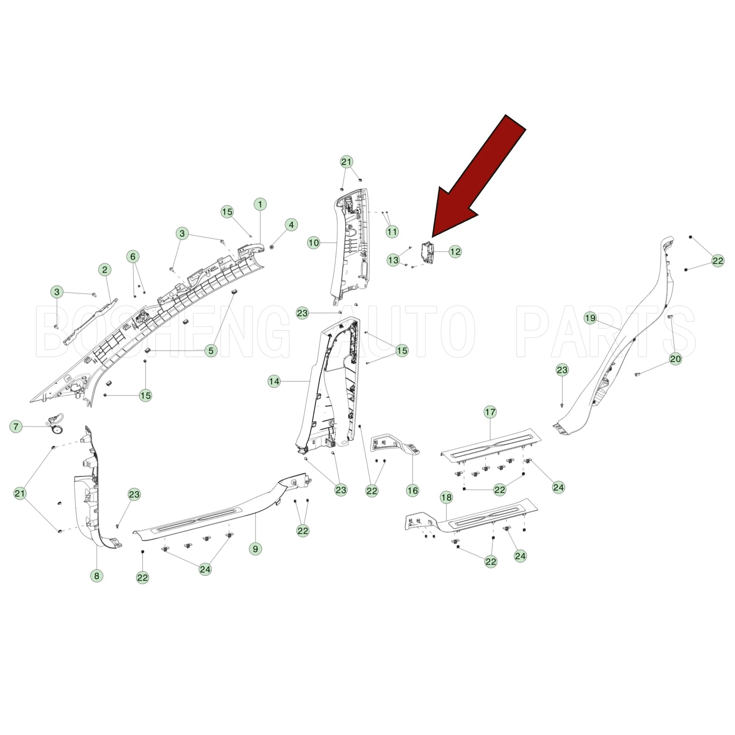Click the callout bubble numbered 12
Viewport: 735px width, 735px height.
(x=455, y=251)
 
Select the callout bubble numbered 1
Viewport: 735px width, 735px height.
(x=260, y=204)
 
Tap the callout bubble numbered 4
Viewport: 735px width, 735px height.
(x=291, y=225)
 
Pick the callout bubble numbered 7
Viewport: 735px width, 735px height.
(x=16, y=427)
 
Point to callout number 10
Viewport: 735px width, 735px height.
(x=314, y=243)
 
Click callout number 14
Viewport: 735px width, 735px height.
(x=274, y=381)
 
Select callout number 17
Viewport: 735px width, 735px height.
(x=490, y=412)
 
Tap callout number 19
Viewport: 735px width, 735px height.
(x=590, y=318)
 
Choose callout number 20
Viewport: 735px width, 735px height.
(x=675, y=359)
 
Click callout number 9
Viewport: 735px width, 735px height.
(x=255, y=549)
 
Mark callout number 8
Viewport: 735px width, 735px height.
(x=97, y=576)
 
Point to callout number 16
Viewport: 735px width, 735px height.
(x=412, y=491)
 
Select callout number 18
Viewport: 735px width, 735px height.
(x=446, y=497)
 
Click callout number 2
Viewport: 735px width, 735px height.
(x=105, y=270)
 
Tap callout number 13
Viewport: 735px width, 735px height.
(x=393, y=260)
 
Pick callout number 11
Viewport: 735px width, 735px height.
(x=392, y=231)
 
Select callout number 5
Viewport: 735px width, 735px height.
(x=211, y=351)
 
